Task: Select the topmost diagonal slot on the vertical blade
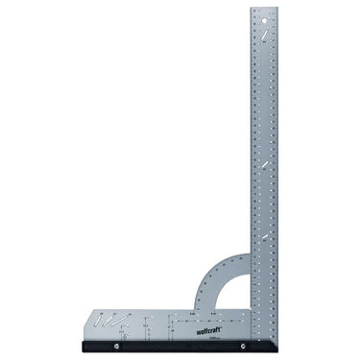[x=260, y=36]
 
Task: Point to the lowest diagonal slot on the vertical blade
[x=260, y=237]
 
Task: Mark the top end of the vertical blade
[x=263, y=10]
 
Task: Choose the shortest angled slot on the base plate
[x=106, y=316]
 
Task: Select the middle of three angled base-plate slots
[x=115, y=318]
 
